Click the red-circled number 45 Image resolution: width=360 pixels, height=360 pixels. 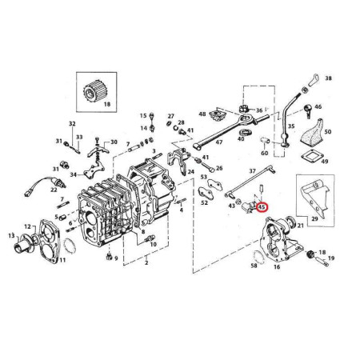click(x=262, y=207)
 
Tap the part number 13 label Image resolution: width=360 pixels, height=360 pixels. click(x=11, y=235)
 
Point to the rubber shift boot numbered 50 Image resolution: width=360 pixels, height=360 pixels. click(x=313, y=133)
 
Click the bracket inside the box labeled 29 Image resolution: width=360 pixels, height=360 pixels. click(x=314, y=198)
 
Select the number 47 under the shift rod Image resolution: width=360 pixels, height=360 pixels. click(x=218, y=142)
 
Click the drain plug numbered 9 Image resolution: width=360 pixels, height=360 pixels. click(x=108, y=257)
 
